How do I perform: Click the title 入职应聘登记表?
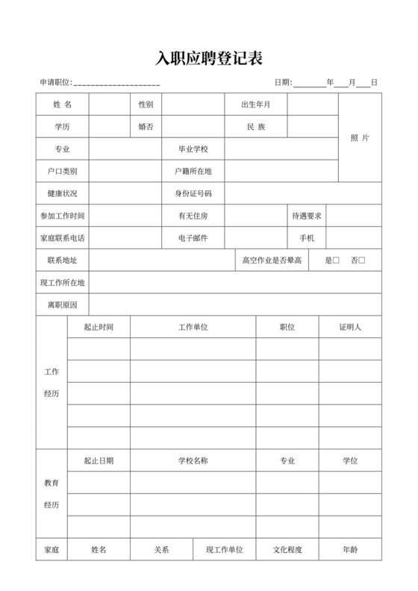[209, 58]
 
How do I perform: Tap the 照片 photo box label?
[360, 138]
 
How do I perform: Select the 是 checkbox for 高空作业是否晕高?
[336, 260]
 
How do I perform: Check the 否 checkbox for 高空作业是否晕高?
[362, 260]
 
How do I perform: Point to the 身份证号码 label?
[193, 193]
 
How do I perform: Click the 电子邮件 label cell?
[193, 238]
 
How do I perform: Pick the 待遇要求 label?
[307, 216]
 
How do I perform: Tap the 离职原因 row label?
[62, 305]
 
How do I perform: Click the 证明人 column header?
[350, 327]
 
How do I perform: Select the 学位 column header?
[350, 460]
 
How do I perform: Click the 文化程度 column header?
[287, 550]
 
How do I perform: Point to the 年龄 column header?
[350, 550]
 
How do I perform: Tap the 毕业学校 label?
[193, 149]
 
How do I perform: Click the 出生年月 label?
[255, 104]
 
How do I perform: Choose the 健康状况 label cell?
[62, 193]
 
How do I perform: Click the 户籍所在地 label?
[193, 171]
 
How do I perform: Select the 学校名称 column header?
[193, 460]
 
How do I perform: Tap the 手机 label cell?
[307, 238]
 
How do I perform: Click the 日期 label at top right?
[283, 82]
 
